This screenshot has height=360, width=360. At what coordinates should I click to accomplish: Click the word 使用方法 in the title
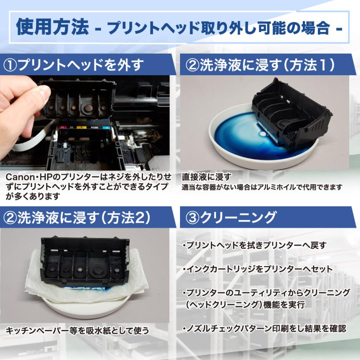pyautogui.click(x=52, y=27)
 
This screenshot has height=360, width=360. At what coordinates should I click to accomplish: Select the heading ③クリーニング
pyautogui.click(x=230, y=217)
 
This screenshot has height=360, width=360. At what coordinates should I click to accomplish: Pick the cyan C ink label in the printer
pyautogui.click(x=106, y=128)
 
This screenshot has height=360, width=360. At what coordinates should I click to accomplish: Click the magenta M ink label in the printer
pyautogui.click(x=62, y=127)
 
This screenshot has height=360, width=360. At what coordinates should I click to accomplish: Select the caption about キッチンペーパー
pyautogui.click(x=77, y=331)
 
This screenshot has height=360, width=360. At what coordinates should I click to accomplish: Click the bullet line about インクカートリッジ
pyautogui.click(x=258, y=269)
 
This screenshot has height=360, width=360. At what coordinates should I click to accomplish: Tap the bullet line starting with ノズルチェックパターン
pyautogui.click(x=264, y=328)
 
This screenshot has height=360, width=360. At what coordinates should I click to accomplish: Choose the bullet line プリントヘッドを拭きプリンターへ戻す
pyautogui.click(x=254, y=245)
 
